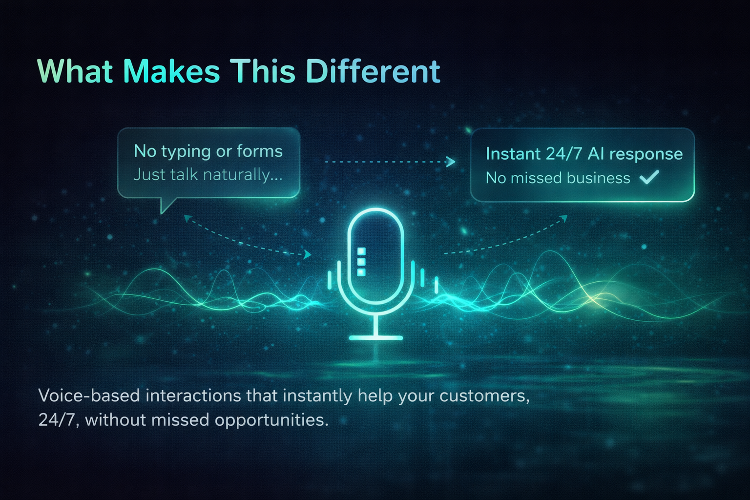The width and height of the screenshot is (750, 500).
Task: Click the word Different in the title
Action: click(373, 72)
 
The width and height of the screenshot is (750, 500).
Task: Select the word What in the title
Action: click(76, 72)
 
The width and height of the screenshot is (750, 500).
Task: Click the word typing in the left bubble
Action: click(186, 152)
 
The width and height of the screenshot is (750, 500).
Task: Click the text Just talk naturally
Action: click(208, 174)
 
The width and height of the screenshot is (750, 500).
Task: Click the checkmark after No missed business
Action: click(649, 177)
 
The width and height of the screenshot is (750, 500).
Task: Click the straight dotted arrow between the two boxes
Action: click(390, 162)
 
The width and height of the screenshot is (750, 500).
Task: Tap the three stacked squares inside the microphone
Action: click(361, 261)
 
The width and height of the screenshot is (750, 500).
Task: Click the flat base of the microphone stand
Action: click(376, 337)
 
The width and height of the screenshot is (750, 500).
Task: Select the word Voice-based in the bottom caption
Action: click(89, 396)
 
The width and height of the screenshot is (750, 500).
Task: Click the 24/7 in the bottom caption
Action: click(57, 420)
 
